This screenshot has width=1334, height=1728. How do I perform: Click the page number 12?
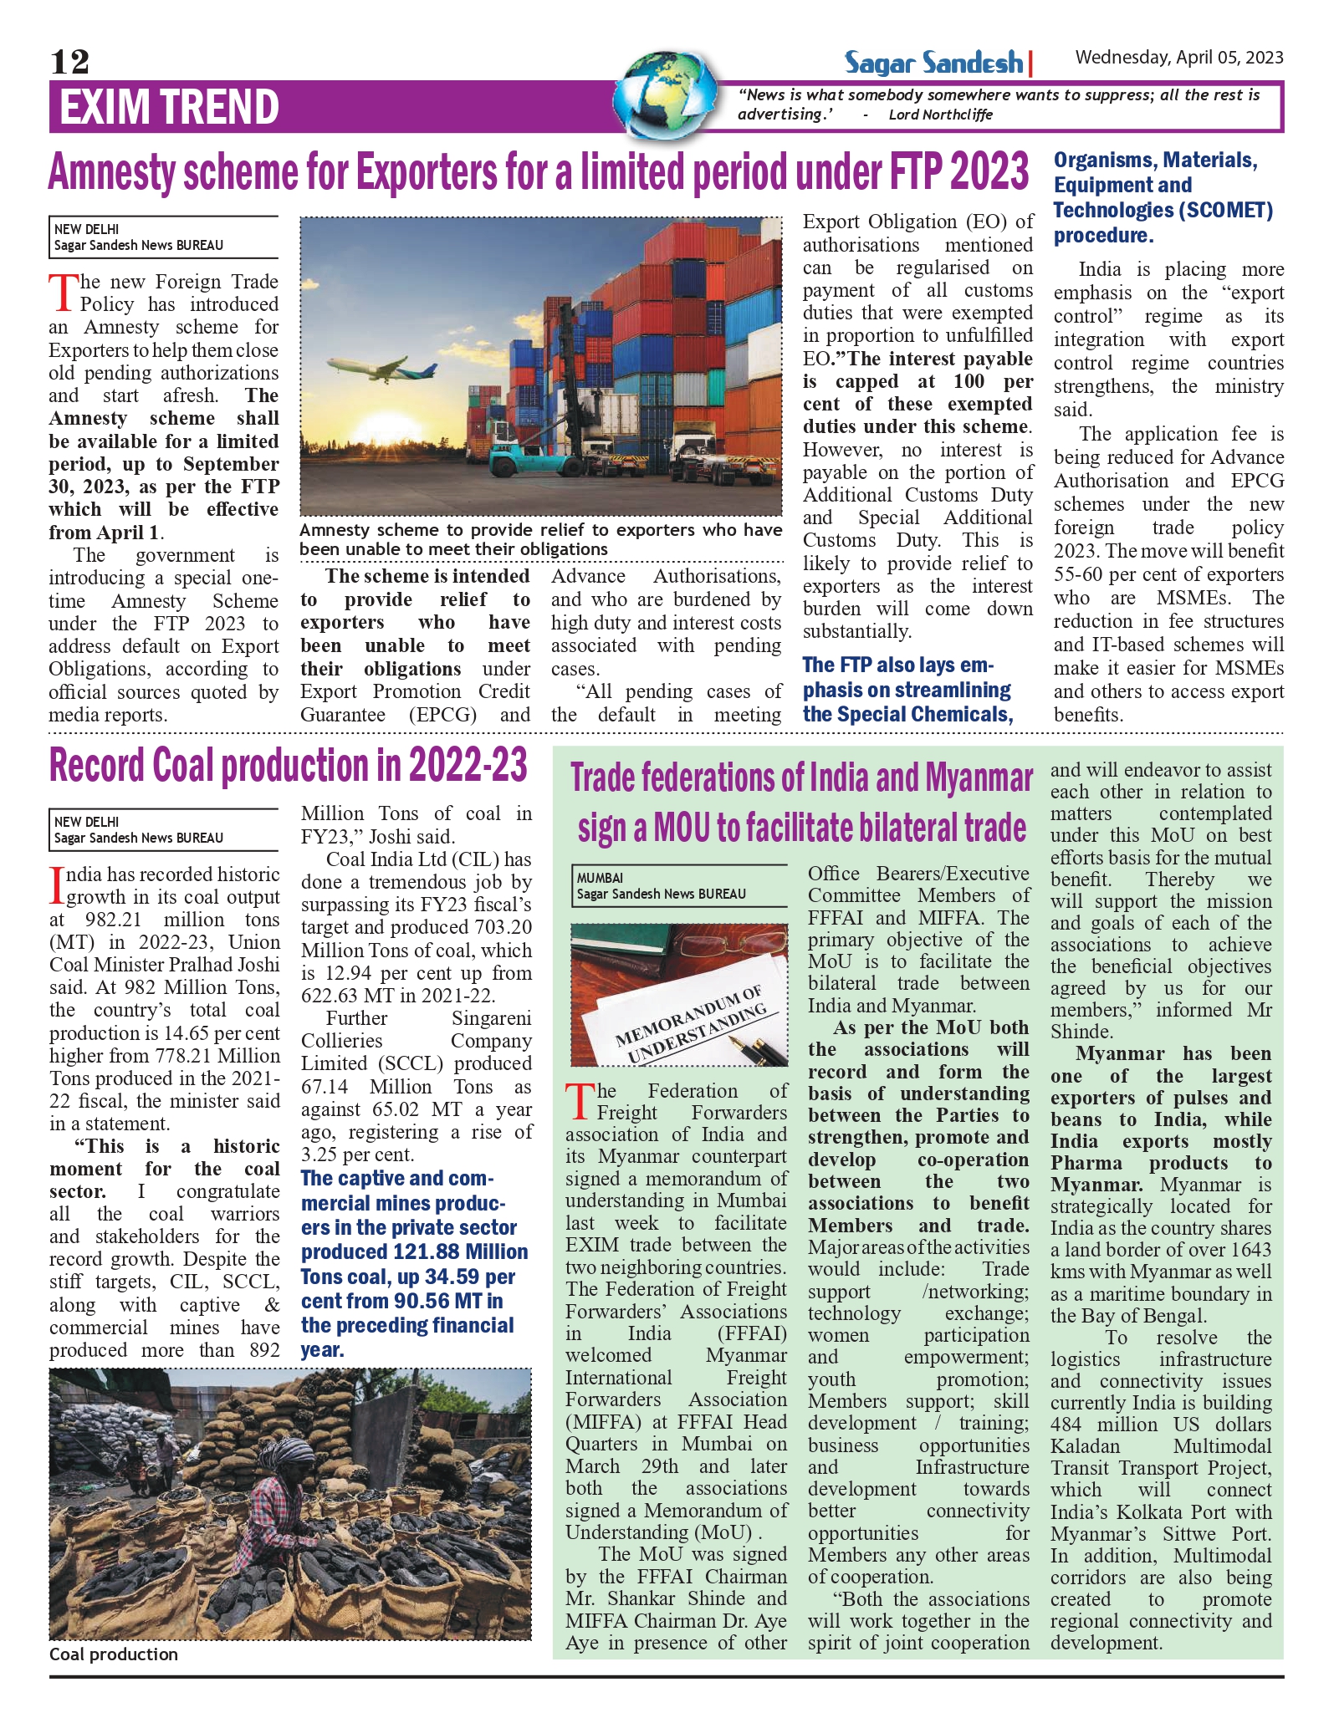(69, 62)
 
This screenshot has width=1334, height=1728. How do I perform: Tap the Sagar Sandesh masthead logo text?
(933, 63)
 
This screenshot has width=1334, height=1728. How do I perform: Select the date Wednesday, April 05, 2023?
(1178, 57)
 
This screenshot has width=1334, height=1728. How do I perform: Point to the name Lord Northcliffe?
(940, 115)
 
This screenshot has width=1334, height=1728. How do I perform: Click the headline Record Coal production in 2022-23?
(289, 765)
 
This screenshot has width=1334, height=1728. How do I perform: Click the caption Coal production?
(114, 1654)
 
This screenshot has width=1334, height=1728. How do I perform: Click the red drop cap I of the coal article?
(57, 885)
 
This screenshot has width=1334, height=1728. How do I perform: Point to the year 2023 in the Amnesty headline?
(989, 172)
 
